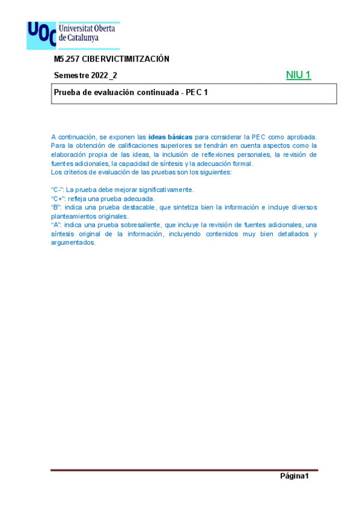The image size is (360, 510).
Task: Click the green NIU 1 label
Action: [299, 75]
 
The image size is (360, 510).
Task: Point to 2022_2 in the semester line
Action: [104, 76]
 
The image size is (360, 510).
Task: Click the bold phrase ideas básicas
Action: [170, 137]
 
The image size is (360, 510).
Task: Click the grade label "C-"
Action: [57, 189]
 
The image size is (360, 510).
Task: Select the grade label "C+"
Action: [58, 198]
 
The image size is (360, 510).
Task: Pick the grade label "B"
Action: [55, 207]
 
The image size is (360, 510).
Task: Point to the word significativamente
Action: [164, 189]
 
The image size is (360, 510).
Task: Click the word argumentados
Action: [73, 242]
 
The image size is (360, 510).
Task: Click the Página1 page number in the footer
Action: [294, 477]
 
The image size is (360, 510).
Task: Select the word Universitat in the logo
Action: [78, 28]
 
